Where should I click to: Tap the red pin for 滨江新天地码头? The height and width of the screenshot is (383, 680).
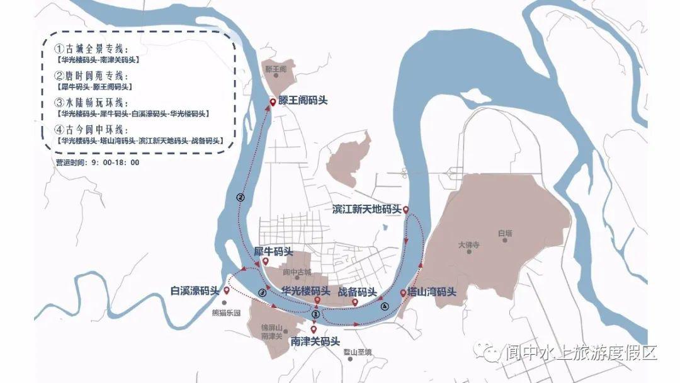tap(406, 209)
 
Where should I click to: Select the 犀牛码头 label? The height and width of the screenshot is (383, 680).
tap(274, 251)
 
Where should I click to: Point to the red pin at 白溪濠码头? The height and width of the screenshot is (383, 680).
tap(226, 290)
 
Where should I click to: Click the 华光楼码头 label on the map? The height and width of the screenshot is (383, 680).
tap(306, 291)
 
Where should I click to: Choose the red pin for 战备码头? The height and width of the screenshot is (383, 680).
tap(354, 302)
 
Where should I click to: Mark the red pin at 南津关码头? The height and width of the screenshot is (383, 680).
tap(314, 329)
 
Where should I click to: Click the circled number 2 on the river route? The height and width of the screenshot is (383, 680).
tap(240, 197)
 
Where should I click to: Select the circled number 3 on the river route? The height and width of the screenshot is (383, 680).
tap(263, 293)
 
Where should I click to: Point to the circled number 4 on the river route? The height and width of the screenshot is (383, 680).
tap(385, 306)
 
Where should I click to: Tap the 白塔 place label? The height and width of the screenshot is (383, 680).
tap(504, 234)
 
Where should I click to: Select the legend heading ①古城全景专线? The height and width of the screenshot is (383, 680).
tap(92, 49)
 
